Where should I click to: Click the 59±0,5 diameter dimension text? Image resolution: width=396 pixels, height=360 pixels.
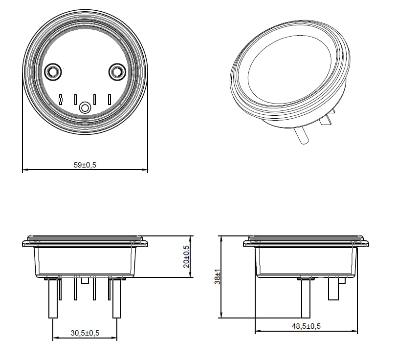point(85,165)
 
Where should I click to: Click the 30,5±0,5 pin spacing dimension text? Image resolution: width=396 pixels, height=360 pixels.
point(85,333)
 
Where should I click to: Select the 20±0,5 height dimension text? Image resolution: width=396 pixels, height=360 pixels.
point(186,256)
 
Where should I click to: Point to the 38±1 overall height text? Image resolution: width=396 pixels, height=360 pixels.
point(218,277)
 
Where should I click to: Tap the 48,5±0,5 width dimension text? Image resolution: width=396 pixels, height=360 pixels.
point(306,326)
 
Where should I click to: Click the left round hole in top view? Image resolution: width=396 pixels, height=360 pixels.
point(52,72)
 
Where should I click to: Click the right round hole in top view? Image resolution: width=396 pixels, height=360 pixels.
point(117,72)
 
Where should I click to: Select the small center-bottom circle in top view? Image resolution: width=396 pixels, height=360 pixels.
point(86,107)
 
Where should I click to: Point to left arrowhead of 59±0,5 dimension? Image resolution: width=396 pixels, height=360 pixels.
point(25,170)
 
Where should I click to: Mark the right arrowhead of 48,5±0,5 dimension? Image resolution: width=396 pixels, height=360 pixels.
point(355,331)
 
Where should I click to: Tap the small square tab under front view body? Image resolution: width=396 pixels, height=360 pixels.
point(85,280)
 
